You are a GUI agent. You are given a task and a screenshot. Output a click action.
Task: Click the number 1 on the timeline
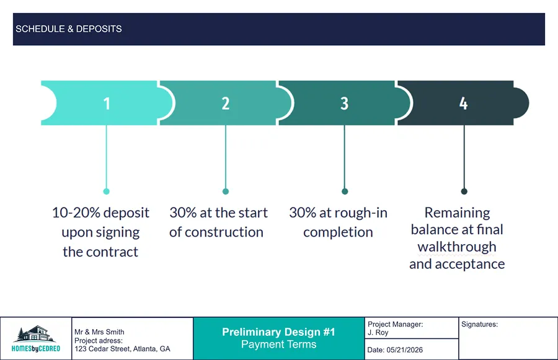click(x=107, y=103)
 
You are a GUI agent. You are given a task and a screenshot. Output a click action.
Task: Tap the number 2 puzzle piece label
click(x=226, y=103)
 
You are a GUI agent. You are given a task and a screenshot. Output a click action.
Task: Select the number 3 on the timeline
click(x=345, y=103)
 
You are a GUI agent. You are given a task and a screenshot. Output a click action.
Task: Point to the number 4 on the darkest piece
click(x=463, y=103)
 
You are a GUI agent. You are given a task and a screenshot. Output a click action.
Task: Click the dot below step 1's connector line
click(x=107, y=191)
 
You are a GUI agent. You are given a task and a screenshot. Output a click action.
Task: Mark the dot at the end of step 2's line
click(x=226, y=191)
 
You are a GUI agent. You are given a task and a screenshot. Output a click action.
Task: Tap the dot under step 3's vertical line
click(x=345, y=191)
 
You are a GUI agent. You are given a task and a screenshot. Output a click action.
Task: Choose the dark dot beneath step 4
click(x=464, y=191)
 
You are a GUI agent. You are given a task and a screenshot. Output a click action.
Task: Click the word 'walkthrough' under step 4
click(x=457, y=247)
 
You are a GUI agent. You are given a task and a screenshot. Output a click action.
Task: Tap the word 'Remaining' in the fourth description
click(x=457, y=213)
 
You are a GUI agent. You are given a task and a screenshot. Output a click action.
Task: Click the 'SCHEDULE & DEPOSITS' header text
click(x=69, y=29)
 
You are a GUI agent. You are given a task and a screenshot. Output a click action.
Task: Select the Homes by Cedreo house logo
click(x=36, y=338)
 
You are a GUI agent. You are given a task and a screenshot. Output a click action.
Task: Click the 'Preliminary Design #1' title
click(x=278, y=333)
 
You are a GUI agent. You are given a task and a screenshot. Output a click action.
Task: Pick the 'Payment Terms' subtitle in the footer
click(x=278, y=345)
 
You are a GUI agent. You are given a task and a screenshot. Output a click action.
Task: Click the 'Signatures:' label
click(x=480, y=324)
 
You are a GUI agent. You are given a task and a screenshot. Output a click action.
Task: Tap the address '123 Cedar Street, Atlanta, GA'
click(x=122, y=349)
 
